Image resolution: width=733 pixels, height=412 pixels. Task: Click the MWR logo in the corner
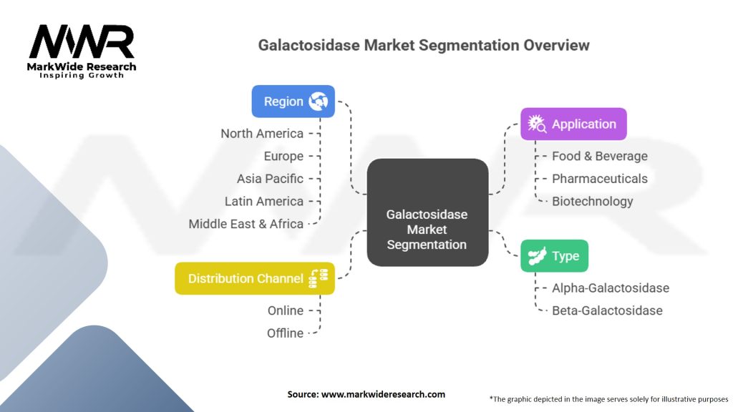click(x=82, y=50)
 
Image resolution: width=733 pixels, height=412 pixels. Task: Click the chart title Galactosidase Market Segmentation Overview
click(x=424, y=45)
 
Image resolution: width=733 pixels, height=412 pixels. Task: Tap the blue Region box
click(x=292, y=102)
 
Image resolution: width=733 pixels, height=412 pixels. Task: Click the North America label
click(x=261, y=133)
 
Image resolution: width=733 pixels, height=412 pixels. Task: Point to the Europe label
click(x=283, y=156)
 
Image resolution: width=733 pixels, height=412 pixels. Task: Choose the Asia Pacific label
click(x=270, y=179)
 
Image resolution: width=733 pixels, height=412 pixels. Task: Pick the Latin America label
click(x=263, y=201)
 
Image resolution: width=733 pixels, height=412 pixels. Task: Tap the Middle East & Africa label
click(x=246, y=224)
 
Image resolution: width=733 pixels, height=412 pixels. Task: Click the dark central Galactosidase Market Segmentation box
click(x=427, y=229)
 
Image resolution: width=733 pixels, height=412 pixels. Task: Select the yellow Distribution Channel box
click(x=254, y=278)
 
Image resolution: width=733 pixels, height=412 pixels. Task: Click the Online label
click(x=285, y=310)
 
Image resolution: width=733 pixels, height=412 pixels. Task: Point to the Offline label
click(x=285, y=333)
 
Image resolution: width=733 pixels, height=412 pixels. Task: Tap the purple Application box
click(x=573, y=124)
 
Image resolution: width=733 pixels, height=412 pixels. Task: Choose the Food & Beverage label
click(x=599, y=156)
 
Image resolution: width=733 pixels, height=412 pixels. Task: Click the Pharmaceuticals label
click(x=599, y=179)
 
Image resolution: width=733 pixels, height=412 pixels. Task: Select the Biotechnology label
click(x=592, y=201)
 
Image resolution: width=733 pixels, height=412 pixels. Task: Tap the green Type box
click(x=554, y=255)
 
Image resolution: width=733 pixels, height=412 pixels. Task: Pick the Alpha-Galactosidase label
click(x=610, y=288)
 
